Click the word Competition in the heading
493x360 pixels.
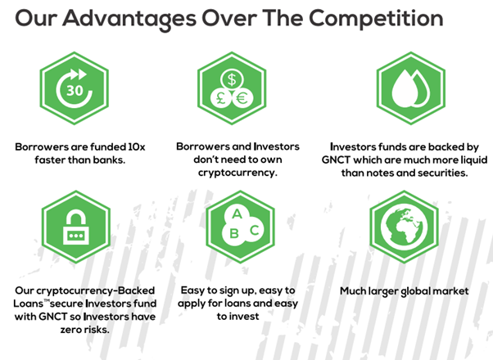click(376, 19)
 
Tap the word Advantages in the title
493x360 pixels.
click(129, 19)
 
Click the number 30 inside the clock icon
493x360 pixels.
click(75, 91)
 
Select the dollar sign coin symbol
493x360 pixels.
click(232, 79)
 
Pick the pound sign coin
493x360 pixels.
click(221, 98)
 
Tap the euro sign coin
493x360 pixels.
click(242, 98)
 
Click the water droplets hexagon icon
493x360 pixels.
click(410, 88)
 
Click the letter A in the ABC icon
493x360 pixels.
click(237, 214)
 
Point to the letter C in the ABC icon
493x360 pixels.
click(255, 230)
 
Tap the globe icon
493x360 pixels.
click(404, 227)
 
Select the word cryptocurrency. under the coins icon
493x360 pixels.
click(237, 173)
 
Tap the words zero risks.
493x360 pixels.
click(85, 330)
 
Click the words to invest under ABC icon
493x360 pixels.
click(237, 317)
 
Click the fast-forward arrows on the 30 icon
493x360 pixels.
click(78, 74)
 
